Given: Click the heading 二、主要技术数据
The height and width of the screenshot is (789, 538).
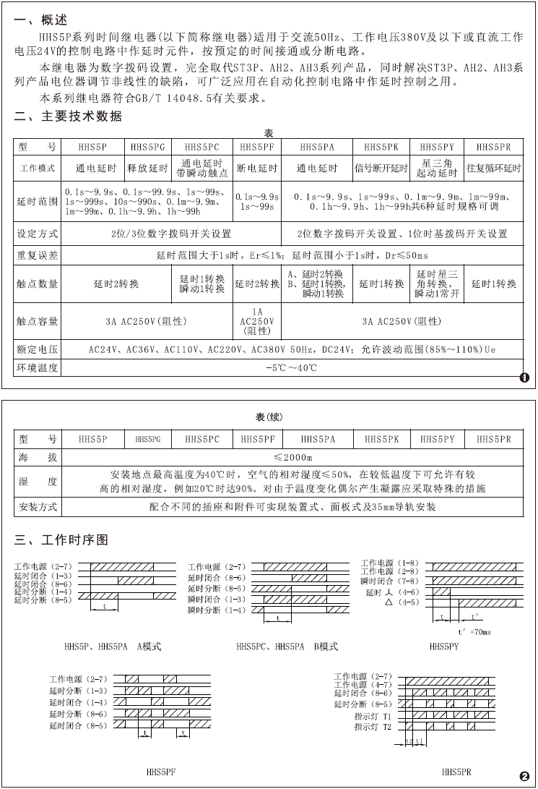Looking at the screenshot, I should [x=68, y=116].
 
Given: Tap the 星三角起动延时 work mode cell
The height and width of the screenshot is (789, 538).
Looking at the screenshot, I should [x=438, y=169].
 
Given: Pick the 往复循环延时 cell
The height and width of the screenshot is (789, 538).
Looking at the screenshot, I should [x=494, y=169].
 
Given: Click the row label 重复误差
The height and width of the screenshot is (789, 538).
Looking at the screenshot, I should [x=38, y=255].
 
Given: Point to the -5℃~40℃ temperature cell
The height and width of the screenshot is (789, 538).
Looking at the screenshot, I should [x=292, y=367].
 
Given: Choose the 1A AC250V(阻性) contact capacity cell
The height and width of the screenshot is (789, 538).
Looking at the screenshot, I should [x=258, y=320].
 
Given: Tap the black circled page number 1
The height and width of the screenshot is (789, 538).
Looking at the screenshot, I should [x=524, y=377].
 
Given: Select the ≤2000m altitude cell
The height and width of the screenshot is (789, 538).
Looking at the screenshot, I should [x=292, y=457].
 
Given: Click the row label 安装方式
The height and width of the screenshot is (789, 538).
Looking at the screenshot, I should [x=38, y=507].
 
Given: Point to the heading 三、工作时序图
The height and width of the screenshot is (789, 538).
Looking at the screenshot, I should [x=61, y=540].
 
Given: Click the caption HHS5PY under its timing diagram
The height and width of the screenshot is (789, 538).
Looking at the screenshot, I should [x=443, y=646].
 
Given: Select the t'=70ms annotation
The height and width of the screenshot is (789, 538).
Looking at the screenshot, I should [x=474, y=631].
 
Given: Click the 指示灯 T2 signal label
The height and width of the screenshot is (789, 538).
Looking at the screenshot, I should [x=373, y=726].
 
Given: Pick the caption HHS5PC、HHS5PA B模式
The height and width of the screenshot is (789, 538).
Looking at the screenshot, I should [x=287, y=646].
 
